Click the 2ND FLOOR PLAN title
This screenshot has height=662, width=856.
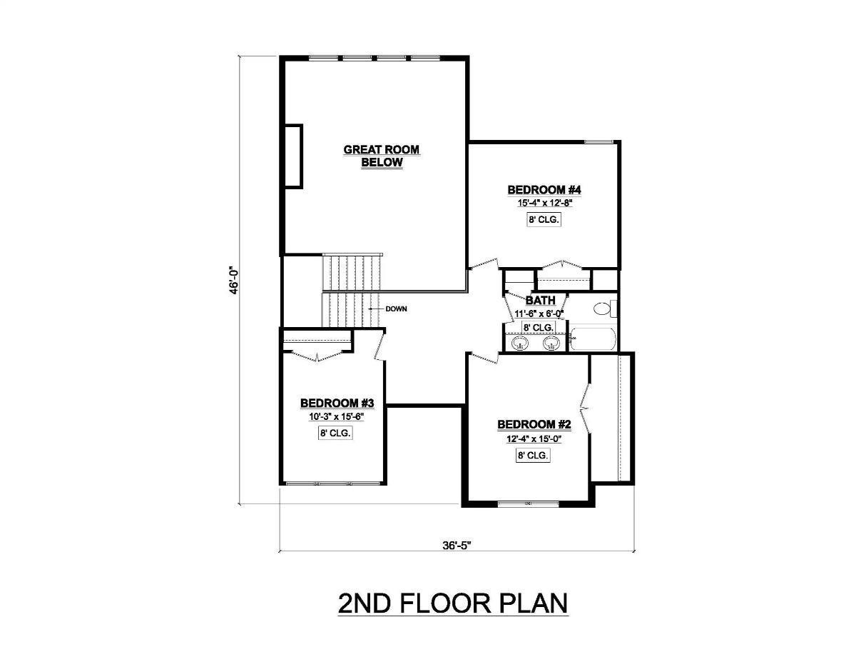coord(453,603)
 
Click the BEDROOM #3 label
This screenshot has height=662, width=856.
coord(332,403)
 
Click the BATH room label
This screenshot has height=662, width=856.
coord(540,301)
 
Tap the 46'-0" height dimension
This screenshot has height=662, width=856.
coord(233,279)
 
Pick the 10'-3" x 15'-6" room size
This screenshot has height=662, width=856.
coord(332,416)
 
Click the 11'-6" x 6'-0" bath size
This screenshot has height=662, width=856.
coord(539,314)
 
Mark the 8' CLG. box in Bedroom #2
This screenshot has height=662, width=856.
coord(532,455)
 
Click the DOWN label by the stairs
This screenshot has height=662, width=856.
coord(396,309)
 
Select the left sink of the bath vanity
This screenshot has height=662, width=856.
coord(521,345)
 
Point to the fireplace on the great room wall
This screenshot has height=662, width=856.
coord(293,156)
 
